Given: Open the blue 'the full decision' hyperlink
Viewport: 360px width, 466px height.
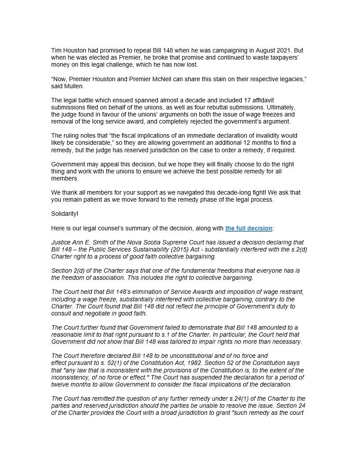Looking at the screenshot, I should (x=248, y=228).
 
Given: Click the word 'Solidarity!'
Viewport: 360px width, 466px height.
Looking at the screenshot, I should (x=65, y=214).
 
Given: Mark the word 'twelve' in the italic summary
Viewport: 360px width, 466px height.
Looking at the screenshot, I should (x=60, y=384).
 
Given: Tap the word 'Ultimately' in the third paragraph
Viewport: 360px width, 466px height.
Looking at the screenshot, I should (x=284, y=107).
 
